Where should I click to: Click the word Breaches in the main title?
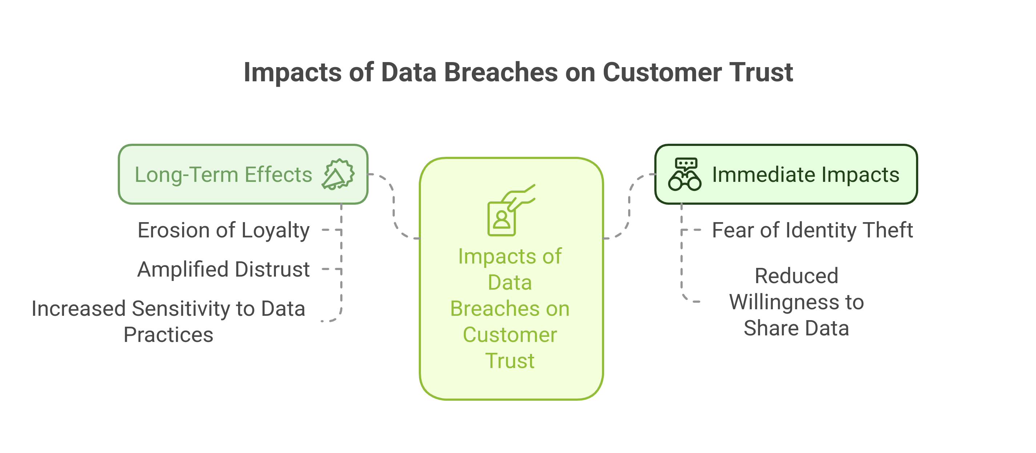pyautogui.click(x=500, y=73)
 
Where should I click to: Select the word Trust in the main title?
pyautogui.click(x=761, y=73)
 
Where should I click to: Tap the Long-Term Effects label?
pyautogui.click(x=223, y=175)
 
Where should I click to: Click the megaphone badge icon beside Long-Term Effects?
pyautogui.click(x=338, y=174)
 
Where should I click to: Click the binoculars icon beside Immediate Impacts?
pyautogui.click(x=684, y=174)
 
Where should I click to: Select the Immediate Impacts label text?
pyautogui.click(x=805, y=175)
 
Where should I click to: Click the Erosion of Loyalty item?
pyautogui.click(x=223, y=230)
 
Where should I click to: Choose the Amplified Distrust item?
pyautogui.click(x=223, y=269)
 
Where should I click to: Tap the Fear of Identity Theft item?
pyautogui.click(x=812, y=230)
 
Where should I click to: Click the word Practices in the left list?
pyautogui.click(x=168, y=335)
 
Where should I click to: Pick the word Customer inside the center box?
pyautogui.click(x=510, y=335)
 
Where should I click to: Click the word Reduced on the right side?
pyautogui.click(x=796, y=276)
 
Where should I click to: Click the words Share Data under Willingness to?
pyautogui.click(x=796, y=328)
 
